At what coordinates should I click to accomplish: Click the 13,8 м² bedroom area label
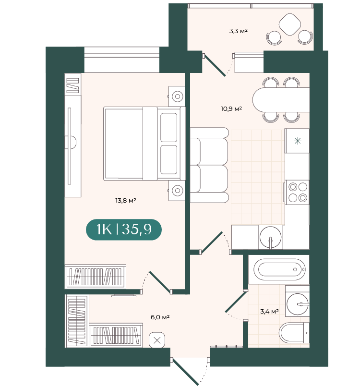click(x=126, y=200)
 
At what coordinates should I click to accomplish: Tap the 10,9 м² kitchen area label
click(x=231, y=109)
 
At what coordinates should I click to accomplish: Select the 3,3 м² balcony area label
click(x=239, y=31)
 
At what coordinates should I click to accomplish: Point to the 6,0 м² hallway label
click(x=160, y=317)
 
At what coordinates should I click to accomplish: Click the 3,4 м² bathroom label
click(x=269, y=311)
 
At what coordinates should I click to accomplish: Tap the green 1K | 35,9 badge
click(x=124, y=230)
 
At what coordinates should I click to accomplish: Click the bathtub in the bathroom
click(x=279, y=269)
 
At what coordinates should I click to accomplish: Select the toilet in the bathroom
click(x=294, y=333)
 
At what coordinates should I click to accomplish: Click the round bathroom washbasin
click(x=298, y=304)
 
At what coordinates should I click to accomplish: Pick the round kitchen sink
click(x=270, y=237)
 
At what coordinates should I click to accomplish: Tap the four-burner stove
click(x=297, y=192)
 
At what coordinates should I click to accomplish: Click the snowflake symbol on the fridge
click(x=298, y=141)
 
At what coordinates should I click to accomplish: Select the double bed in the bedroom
click(x=144, y=144)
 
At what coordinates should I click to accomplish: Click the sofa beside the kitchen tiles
click(x=209, y=165)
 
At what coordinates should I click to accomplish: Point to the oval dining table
click(x=281, y=100)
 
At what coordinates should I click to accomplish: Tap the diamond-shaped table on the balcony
click(x=290, y=24)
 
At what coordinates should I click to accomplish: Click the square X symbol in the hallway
click(x=157, y=340)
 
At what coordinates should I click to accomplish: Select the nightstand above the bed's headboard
click(x=177, y=96)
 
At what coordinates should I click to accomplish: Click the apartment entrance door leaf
click(x=186, y=372)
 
